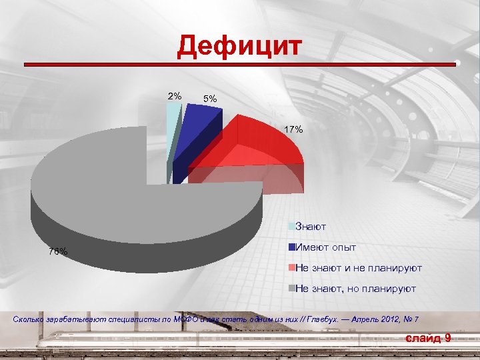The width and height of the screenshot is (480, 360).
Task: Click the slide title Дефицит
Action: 239,47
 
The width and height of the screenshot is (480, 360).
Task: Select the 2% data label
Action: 173,97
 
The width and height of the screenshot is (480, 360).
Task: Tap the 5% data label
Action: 210,99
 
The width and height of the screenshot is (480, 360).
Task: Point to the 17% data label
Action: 293,129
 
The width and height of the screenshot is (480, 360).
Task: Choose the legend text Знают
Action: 310,227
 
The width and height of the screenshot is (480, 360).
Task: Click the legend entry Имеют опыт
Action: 325,247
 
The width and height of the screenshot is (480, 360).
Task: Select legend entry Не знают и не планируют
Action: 358,268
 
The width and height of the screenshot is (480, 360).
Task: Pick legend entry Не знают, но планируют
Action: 355,289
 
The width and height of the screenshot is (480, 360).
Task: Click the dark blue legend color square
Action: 291,247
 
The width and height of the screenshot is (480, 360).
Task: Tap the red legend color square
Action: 291,268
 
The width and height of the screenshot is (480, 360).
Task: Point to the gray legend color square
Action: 291,289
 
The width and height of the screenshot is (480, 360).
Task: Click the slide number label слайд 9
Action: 428,339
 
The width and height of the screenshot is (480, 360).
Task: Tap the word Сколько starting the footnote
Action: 29,320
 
